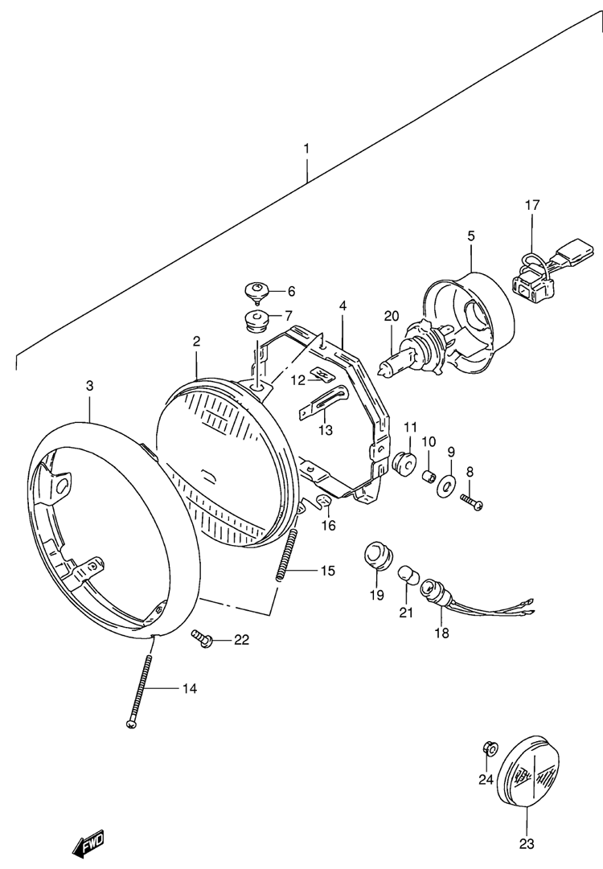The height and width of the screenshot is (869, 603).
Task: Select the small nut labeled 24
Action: coord(489,748)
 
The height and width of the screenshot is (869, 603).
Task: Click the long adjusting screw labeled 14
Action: coord(140,682)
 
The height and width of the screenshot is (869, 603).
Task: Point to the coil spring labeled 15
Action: coord(287,555)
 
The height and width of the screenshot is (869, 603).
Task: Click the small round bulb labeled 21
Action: coord(408,576)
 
